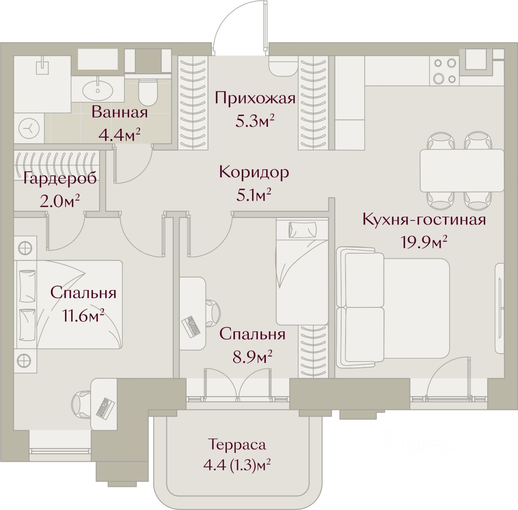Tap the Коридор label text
pyautogui.click(x=254, y=172)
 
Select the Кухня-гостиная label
pyautogui.click(x=424, y=220)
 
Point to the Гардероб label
pyautogui.click(x=59, y=178)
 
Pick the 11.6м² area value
pyautogui.click(x=83, y=316)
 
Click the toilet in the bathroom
pyautogui.click(x=148, y=92)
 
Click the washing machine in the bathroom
pyautogui.click(x=29, y=128)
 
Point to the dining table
pyautogui.click(x=462, y=171)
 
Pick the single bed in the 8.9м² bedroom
pyautogui.click(x=302, y=271)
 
